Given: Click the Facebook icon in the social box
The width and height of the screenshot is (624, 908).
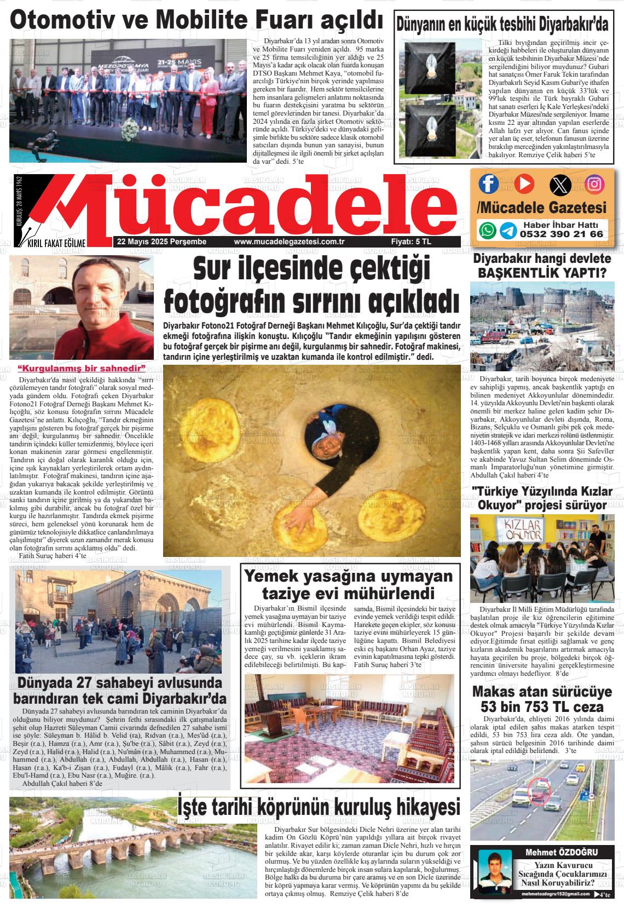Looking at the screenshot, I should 488,183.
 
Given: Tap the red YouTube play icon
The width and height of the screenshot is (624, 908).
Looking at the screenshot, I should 523,183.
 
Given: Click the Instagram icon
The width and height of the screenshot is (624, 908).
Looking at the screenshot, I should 595,184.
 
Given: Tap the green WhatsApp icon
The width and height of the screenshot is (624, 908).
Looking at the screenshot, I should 487,230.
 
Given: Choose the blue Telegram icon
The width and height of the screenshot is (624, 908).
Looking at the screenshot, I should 508,230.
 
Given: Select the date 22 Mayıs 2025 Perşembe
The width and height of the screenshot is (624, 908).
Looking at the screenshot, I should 158,242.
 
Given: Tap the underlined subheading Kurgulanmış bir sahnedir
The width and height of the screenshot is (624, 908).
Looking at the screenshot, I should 82,367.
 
